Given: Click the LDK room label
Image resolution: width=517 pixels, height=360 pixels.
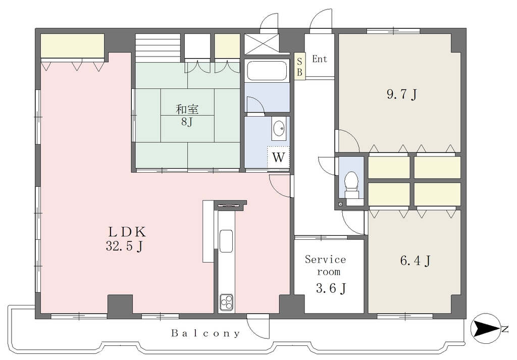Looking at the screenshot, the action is click(x=127, y=232).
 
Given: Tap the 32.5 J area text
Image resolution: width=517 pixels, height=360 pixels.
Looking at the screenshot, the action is click(x=124, y=246).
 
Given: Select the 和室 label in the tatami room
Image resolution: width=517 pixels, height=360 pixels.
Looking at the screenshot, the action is click(x=187, y=109).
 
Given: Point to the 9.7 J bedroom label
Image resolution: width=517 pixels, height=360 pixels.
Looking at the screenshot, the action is click(x=401, y=94).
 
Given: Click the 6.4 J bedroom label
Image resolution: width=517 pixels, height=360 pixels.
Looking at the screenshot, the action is click(x=415, y=261).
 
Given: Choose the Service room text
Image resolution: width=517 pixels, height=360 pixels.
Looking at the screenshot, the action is click(x=326, y=266).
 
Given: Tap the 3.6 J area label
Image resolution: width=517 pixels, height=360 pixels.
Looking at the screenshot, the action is click(x=331, y=288).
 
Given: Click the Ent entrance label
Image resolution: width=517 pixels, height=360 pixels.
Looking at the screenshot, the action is click(x=320, y=59).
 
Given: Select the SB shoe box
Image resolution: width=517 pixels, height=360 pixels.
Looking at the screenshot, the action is click(x=299, y=66).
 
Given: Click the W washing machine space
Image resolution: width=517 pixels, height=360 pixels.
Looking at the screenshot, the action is click(x=278, y=157).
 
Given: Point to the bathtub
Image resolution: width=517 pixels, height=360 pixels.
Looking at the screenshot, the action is click(x=267, y=71).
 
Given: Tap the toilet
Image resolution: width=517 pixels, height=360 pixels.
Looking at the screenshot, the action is click(x=351, y=185).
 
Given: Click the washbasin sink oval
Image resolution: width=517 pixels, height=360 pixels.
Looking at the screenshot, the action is click(x=279, y=128).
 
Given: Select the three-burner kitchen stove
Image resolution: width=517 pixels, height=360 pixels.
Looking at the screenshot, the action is click(x=227, y=301).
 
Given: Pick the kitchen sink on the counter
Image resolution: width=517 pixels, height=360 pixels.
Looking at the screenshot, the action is click(x=226, y=241).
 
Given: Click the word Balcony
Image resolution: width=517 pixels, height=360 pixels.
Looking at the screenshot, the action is click(x=205, y=333).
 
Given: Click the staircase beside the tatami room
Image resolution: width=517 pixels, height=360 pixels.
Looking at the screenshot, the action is click(x=158, y=47).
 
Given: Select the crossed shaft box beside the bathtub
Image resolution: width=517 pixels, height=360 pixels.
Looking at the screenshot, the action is click(x=261, y=44).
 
